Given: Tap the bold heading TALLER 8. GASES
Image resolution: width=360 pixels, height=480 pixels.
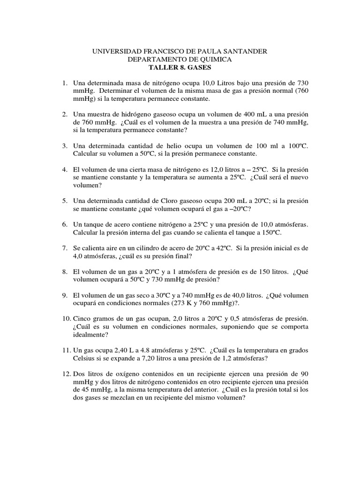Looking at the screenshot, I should tap(180, 68).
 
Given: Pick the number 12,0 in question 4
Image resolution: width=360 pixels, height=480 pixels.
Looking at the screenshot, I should tap(202, 169).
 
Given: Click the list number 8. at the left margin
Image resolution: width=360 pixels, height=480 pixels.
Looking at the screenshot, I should tap(66, 271).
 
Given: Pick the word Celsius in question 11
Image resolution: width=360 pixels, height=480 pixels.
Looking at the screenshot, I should tap(85, 359).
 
